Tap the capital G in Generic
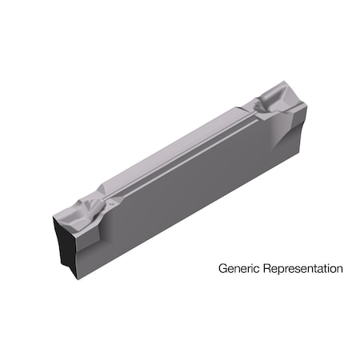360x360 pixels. point(222,269)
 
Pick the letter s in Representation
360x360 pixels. point(301,270)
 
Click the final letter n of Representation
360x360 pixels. point(339,270)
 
